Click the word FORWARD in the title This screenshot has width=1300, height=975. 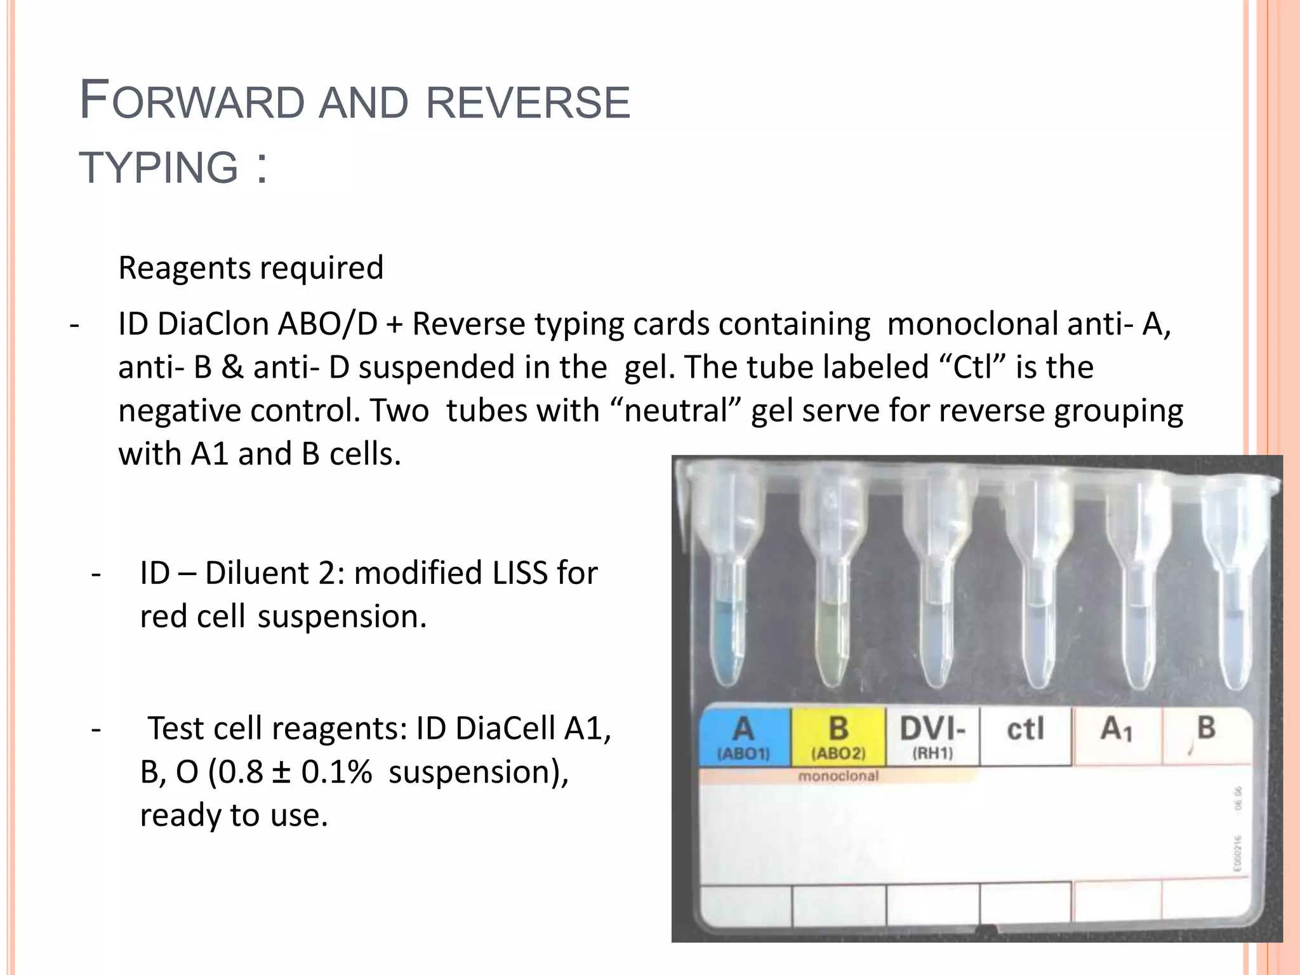tap(193, 102)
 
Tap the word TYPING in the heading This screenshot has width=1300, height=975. tap(159, 168)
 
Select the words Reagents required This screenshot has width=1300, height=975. tap(251, 268)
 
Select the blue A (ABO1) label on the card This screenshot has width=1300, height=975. tap(744, 736)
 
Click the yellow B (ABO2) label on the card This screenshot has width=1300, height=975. tap(838, 736)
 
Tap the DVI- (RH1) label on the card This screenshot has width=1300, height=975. tap(932, 736)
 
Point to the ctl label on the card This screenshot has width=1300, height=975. tap(1025, 730)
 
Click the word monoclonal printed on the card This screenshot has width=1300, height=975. tap(838, 776)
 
